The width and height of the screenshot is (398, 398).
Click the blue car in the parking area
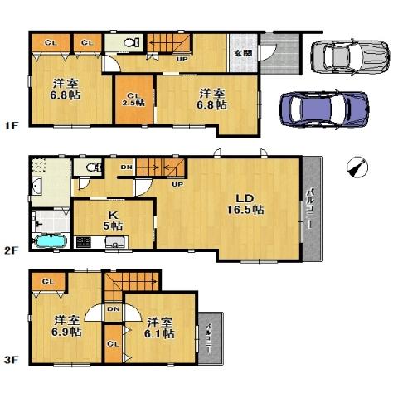[323, 106]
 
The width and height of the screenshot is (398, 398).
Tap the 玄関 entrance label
[243, 53]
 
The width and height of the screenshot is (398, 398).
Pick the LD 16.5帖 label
[246, 204]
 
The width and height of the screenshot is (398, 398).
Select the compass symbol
[357, 167]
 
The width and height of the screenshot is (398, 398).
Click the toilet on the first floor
[131, 43]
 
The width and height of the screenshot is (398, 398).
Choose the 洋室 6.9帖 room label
[64, 326]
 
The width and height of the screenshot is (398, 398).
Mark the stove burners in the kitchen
[85, 243]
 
